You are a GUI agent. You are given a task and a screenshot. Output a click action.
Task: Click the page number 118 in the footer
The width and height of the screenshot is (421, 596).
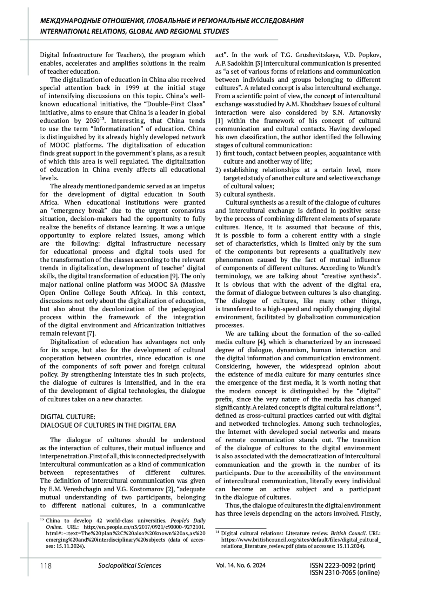[46, 566]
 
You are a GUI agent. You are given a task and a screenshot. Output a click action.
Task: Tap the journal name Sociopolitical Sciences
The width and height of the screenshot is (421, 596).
[130, 565]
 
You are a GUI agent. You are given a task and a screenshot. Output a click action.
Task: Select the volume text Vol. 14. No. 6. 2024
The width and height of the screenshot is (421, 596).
[241, 565]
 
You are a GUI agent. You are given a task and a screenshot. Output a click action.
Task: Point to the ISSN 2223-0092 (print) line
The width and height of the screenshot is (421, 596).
[343, 565]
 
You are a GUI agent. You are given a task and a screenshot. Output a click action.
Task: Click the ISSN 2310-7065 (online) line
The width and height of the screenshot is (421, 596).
[345, 573]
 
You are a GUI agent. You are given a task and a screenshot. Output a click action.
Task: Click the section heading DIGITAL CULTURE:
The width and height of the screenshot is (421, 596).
[68, 417]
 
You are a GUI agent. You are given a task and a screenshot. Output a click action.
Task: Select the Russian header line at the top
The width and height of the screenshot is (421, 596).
[172, 21]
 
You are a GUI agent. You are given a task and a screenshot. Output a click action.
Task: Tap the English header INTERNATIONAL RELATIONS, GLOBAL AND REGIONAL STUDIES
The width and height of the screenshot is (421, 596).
[135, 32]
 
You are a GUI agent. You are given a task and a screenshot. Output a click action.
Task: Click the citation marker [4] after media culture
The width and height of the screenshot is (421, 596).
[262, 342]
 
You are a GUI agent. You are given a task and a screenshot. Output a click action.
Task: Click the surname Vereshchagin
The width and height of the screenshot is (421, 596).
[86, 489]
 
